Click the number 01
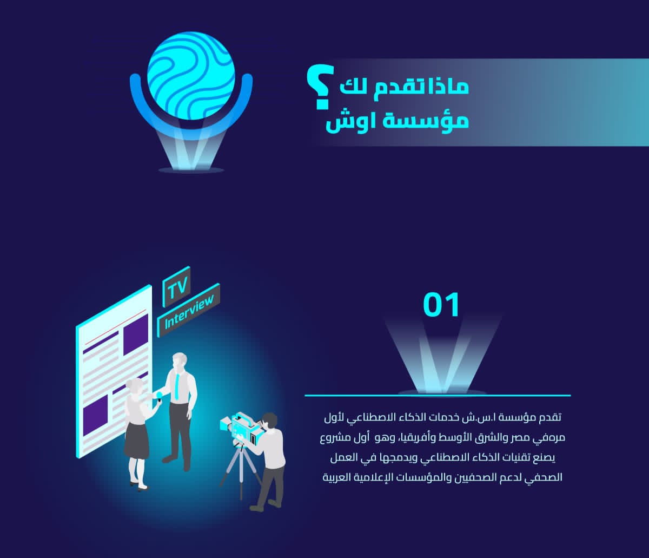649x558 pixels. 441,305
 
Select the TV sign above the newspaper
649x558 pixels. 176,286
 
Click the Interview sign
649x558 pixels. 188,310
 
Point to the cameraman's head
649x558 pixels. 269,421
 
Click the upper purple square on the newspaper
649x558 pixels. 136,334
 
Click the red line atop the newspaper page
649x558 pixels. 116,327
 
